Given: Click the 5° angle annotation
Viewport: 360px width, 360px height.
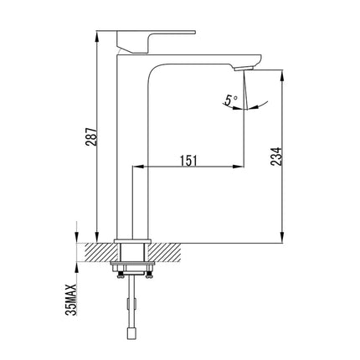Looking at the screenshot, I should coord(232,100).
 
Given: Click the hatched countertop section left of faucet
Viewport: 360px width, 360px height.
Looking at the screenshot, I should coord(99,252).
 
